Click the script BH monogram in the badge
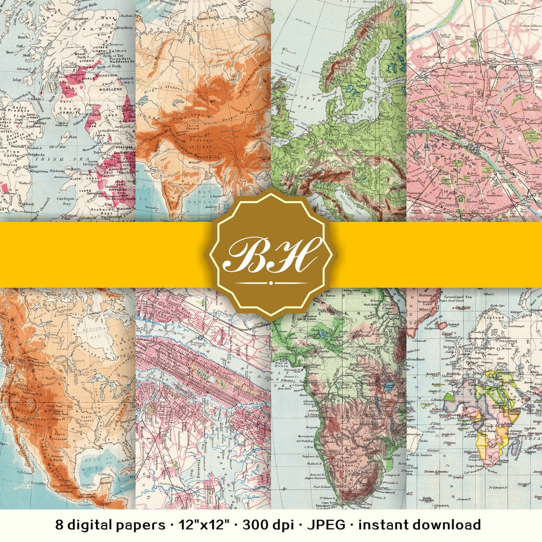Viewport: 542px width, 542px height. click(271, 254)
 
